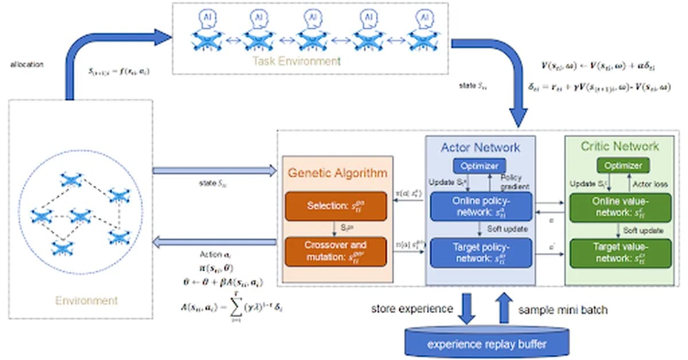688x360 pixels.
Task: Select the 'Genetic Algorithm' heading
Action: pyautogui.click(x=337, y=172)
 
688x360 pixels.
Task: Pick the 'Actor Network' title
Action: pyautogui.click(x=480, y=147)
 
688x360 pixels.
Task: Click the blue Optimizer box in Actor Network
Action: pyautogui.click(x=480, y=166)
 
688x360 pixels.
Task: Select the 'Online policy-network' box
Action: pyautogui.click(x=480, y=206)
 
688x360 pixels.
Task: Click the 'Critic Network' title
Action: pyautogui.click(x=619, y=146)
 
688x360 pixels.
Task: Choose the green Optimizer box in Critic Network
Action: pyautogui.click(x=619, y=166)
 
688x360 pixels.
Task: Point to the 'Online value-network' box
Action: pyautogui.click(x=619, y=207)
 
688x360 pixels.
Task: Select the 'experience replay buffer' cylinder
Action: pyautogui.click(x=488, y=344)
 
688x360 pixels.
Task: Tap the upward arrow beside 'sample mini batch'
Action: pyautogui.click(x=505, y=308)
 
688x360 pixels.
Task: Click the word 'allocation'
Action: pyautogui.click(x=26, y=64)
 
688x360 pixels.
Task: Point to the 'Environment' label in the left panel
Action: pyautogui.click(x=86, y=300)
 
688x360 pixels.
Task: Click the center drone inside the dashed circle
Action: pyautogui.click(x=80, y=217)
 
